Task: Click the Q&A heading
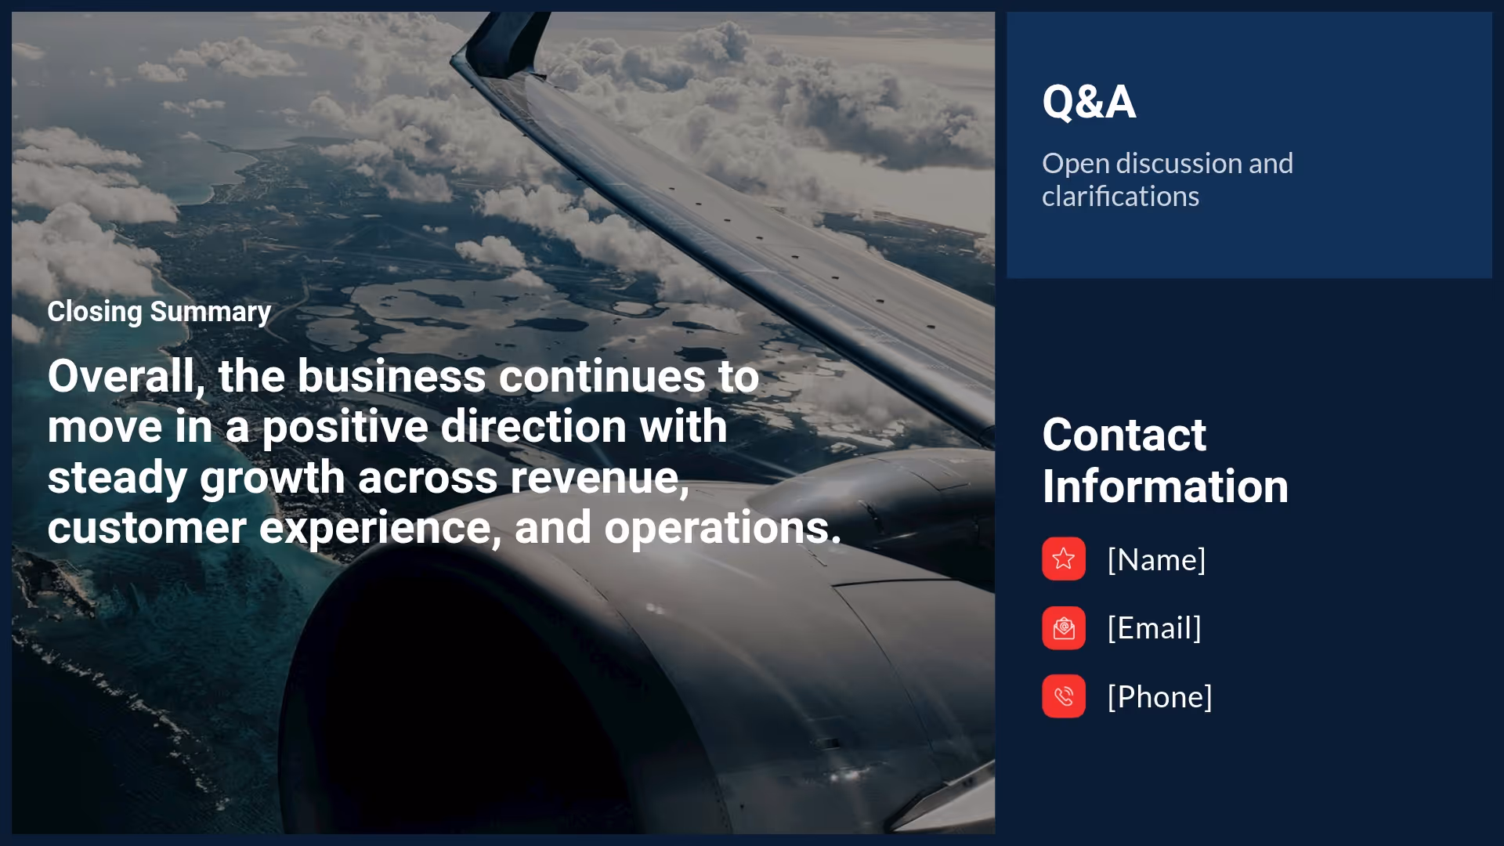[x=1089, y=102]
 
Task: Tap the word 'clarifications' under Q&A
[x=1120, y=197]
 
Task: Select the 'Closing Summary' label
[x=159, y=312]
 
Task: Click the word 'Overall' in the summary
[x=121, y=377]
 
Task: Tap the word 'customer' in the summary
[x=146, y=528]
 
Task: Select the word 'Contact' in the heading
[x=1124, y=436]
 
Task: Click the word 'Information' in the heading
[x=1165, y=486]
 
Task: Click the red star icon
[x=1063, y=559]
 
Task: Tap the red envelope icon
[x=1063, y=627]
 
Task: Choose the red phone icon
[x=1063, y=696]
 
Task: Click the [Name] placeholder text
[x=1156, y=560]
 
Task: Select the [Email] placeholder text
[x=1154, y=628]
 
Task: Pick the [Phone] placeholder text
[x=1159, y=697]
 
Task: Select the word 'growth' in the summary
[x=272, y=478]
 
